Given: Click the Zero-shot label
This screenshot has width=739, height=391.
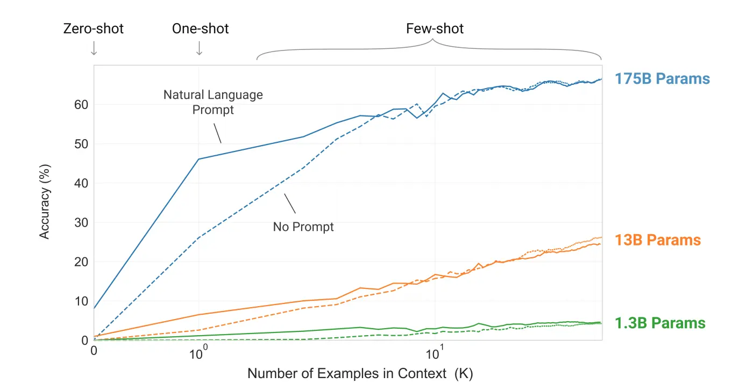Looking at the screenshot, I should click(94, 28).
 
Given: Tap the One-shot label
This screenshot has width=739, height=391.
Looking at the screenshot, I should click(200, 28).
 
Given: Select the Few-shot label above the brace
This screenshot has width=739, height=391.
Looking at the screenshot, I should click(435, 28).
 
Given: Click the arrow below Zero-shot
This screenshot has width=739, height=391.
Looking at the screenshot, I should click(94, 48).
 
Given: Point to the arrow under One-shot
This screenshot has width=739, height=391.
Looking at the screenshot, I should click(199, 48).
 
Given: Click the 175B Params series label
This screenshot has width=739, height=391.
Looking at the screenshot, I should click(662, 79).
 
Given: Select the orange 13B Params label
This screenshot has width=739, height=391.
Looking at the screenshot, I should click(658, 240).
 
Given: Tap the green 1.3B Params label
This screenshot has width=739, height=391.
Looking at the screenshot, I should click(660, 323).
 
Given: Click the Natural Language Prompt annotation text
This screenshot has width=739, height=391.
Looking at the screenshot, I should click(214, 102).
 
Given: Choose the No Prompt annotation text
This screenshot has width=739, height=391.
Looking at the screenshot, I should click(303, 227).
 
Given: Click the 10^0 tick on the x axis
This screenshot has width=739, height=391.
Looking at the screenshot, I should click(198, 354).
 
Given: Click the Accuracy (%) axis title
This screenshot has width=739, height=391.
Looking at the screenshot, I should click(45, 202).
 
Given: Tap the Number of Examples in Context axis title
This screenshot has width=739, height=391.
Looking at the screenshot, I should click(360, 373).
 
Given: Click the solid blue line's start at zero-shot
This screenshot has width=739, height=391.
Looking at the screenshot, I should click(95, 308).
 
